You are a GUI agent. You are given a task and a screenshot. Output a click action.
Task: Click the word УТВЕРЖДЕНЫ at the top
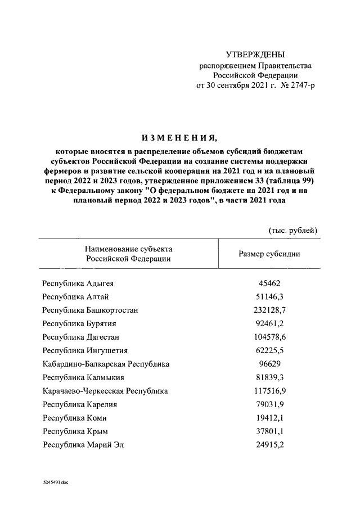point(255,55)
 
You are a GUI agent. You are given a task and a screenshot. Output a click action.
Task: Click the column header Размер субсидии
point(269,254)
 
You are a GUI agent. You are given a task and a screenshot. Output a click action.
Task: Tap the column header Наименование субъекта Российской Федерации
point(128,254)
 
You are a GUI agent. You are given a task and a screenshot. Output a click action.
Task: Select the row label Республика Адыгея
point(78,283)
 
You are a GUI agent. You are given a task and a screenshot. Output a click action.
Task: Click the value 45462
point(269,283)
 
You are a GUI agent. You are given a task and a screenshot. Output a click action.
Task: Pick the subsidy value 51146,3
point(269,297)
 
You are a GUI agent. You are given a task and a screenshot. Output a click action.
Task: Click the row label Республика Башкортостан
point(91,310)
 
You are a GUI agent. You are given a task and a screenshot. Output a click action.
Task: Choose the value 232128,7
point(269,310)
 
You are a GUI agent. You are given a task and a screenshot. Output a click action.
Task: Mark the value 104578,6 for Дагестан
point(269,337)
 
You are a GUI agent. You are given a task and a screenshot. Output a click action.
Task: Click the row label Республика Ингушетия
point(84,350)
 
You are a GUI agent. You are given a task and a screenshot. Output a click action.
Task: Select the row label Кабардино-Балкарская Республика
point(106,364)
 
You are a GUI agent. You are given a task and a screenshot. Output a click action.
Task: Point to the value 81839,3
point(269,377)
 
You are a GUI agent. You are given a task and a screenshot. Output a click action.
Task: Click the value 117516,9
point(269,391)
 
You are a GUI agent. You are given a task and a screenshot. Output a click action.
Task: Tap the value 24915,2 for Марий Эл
point(269,445)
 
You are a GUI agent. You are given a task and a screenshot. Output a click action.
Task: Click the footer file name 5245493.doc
point(51,483)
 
